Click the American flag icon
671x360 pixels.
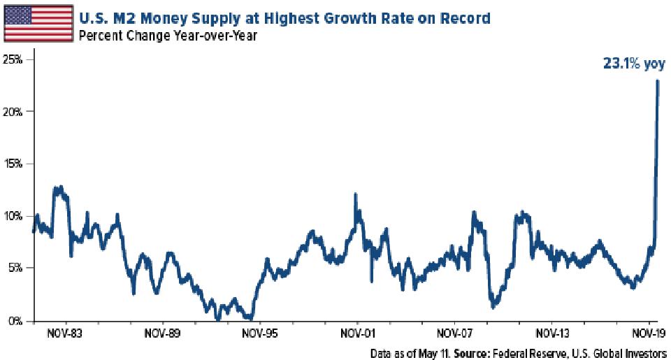38,24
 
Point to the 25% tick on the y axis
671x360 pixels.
14,60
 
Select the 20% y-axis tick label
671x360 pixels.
14,112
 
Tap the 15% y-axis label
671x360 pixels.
14,164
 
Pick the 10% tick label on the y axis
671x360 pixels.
14,216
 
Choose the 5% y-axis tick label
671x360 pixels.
15,268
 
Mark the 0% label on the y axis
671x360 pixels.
15,321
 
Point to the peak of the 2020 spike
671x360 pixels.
658,80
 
